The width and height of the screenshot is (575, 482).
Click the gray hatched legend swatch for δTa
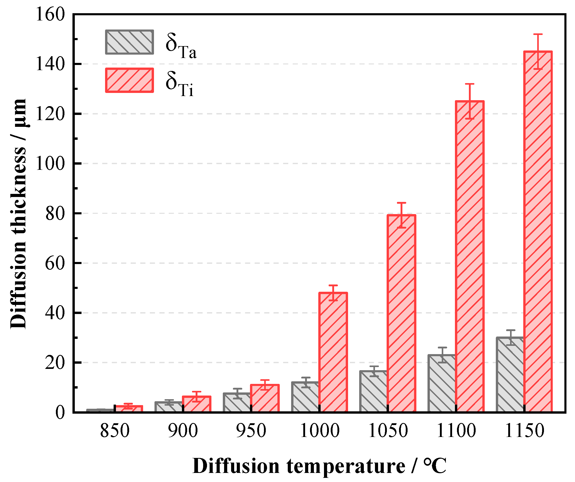tap(129, 42)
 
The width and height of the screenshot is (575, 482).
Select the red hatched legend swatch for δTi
tap(129, 80)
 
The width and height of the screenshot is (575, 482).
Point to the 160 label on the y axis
tap(50, 14)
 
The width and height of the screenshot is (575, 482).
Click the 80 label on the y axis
tap(55, 213)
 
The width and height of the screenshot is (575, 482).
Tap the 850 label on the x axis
tap(114, 431)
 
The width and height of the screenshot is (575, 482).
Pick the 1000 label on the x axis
tap(319, 431)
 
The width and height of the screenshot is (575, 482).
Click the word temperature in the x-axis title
tap(345, 466)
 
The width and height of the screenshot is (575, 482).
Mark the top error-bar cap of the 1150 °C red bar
tap(537, 34)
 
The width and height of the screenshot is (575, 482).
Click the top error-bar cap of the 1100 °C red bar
tap(469, 84)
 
